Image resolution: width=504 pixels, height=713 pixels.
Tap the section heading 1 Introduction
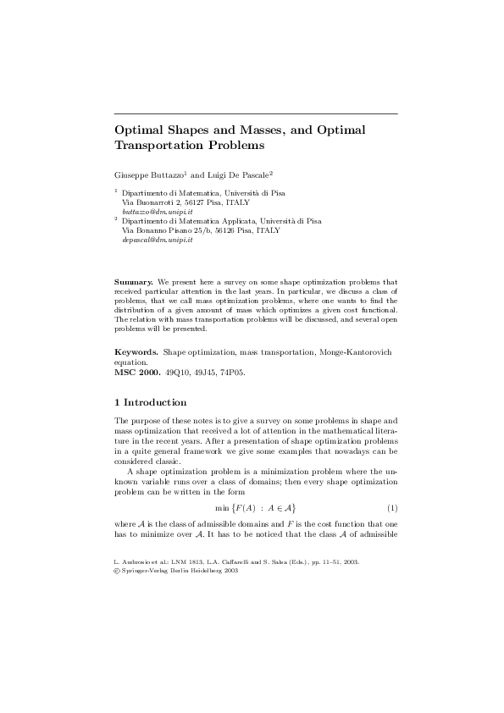click(x=150, y=401)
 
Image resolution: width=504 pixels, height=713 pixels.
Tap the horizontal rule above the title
click(x=256, y=113)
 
